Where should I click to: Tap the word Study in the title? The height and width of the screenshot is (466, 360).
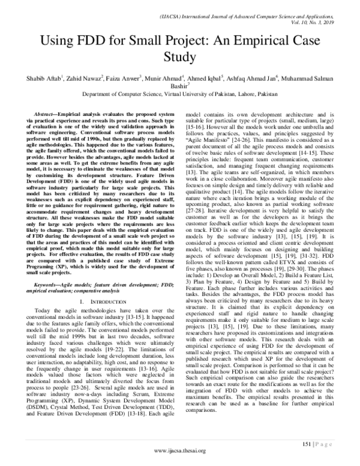click(180, 58)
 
